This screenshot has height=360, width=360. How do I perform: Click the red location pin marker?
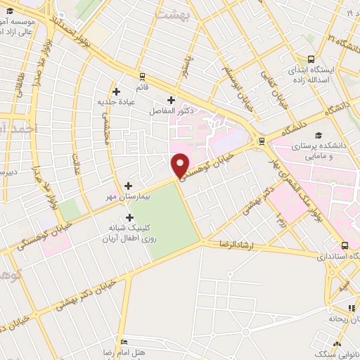coord(181,165)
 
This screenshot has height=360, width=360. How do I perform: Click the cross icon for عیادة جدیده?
coord(117,91)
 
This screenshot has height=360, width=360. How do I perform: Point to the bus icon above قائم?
coord(143,75)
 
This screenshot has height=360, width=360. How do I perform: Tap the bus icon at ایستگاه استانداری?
coord(345,245)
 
